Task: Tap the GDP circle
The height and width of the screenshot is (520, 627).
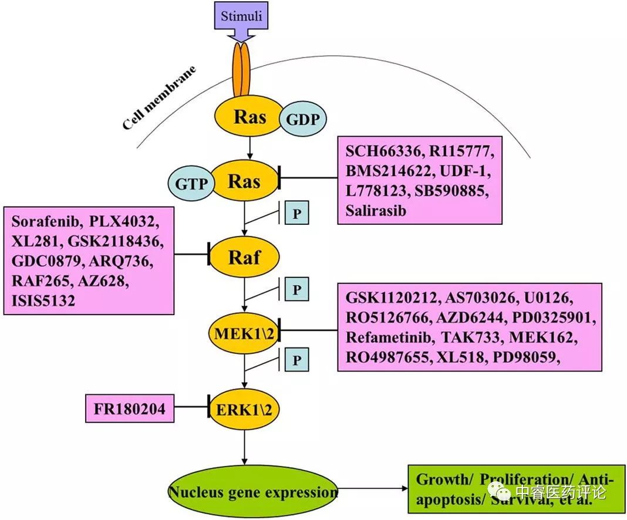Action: click(302, 120)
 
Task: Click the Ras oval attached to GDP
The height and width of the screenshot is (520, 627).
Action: click(250, 117)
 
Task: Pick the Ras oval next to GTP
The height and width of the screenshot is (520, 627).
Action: click(244, 181)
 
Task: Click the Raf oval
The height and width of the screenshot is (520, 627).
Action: click(244, 256)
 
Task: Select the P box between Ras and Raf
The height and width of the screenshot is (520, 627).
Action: click(296, 213)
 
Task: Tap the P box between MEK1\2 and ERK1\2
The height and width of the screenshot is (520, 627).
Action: click(296, 359)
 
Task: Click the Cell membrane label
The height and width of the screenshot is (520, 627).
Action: click(159, 98)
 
